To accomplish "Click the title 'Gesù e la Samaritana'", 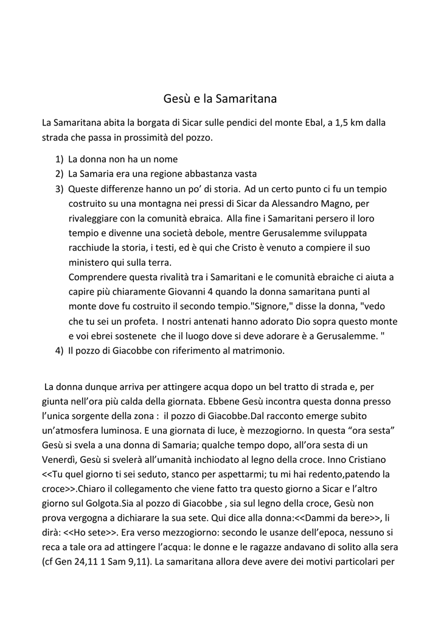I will pos(220,99).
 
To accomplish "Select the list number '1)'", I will pos(59,159).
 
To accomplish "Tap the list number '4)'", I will pos(59,350).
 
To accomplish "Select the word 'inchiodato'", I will pos(245,459).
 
